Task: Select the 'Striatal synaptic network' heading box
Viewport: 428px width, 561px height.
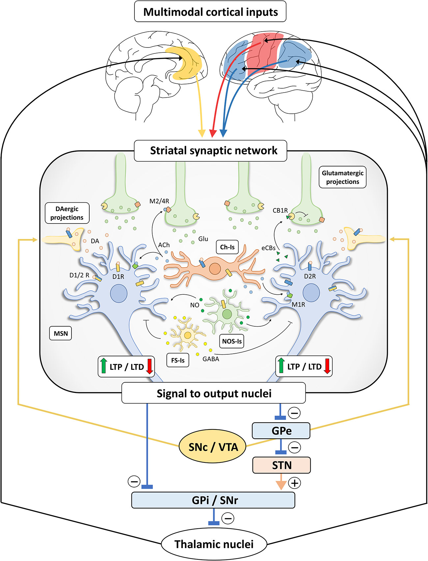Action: click(x=211, y=151)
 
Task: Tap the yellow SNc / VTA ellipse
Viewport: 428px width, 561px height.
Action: click(x=213, y=447)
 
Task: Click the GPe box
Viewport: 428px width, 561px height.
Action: click(x=281, y=431)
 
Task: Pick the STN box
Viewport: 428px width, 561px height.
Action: click(x=281, y=465)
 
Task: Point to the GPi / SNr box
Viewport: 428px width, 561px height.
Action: click(x=213, y=500)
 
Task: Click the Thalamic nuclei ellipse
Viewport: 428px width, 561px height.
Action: click(x=214, y=544)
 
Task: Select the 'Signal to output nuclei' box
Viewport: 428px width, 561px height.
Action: click(x=214, y=393)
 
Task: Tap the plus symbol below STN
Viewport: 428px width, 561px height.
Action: click(x=295, y=483)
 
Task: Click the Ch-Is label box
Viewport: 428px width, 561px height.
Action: click(x=227, y=247)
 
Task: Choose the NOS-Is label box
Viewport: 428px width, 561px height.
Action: click(x=232, y=341)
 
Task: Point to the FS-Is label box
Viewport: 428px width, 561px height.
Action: click(x=178, y=360)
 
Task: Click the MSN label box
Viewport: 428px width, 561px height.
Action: click(x=61, y=333)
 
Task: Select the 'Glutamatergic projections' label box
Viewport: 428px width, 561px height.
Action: click(x=342, y=177)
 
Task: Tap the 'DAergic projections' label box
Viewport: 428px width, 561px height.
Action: click(x=67, y=213)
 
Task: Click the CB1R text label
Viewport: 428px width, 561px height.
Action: click(x=280, y=210)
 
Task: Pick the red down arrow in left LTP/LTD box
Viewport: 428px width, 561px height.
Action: click(x=150, y=366)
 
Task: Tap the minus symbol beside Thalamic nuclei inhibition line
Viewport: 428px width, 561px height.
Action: click(x=228, y=518)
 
